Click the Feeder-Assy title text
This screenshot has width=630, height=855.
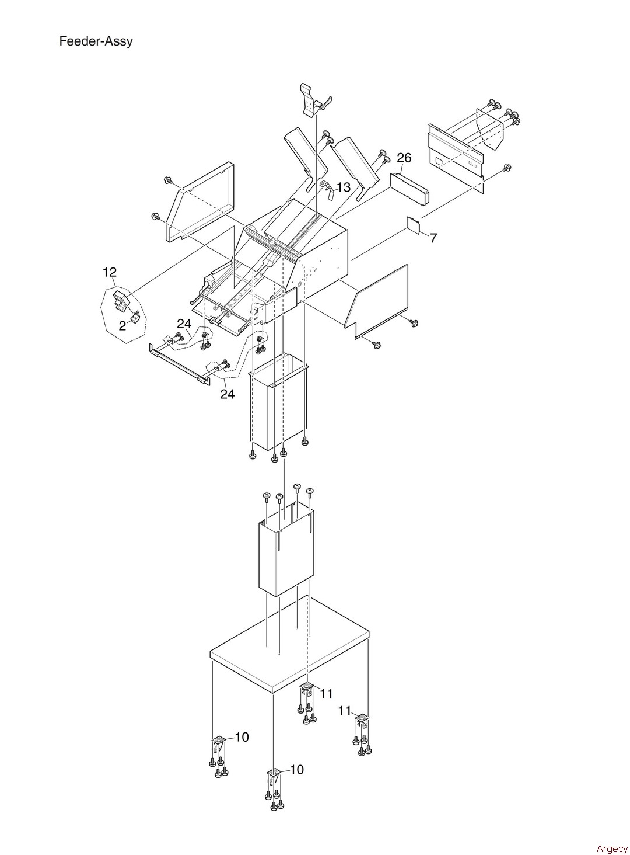96,41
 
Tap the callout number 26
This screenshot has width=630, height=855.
404,158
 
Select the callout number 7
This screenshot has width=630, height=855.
433,238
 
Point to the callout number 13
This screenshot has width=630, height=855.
344,187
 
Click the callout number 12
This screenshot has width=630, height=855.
110,273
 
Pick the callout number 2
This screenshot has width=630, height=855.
123,325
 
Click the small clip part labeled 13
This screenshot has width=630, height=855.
328,189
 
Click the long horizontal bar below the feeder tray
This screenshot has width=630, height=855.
179,364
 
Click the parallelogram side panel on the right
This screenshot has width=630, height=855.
377,301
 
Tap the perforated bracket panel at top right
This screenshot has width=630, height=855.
456,151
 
